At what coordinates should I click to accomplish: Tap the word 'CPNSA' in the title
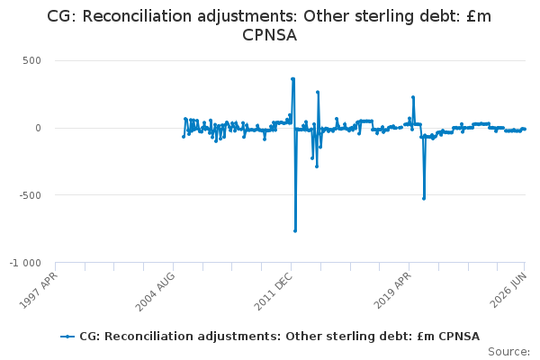270,35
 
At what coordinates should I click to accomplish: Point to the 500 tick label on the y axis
32,60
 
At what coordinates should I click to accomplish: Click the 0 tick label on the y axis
38,128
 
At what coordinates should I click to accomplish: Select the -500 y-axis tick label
31,195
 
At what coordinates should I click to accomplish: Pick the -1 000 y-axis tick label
25,263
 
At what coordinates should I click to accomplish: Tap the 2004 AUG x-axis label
155,292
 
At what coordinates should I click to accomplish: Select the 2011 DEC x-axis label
274,291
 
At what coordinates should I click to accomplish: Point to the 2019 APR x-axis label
392,290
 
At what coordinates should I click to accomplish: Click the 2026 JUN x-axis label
508,290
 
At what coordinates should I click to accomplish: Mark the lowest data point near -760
295,230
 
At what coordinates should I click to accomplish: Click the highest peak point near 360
292,79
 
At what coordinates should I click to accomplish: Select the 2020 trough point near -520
424,198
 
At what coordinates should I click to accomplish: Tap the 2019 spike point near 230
413,97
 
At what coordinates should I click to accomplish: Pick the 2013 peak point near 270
318,93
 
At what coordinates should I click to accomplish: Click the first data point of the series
184,137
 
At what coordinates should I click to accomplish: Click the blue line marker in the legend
67,337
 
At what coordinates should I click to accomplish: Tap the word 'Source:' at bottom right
509,352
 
